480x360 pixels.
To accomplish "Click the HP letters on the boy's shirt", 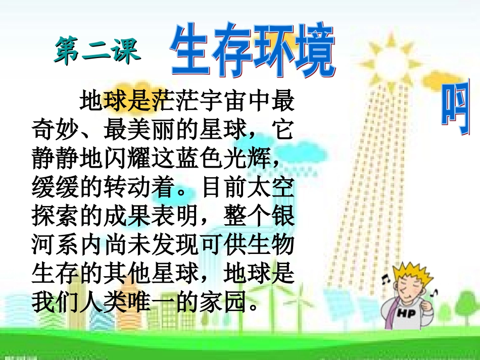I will coord(407,314).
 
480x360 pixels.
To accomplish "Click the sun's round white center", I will coord(392,63).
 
